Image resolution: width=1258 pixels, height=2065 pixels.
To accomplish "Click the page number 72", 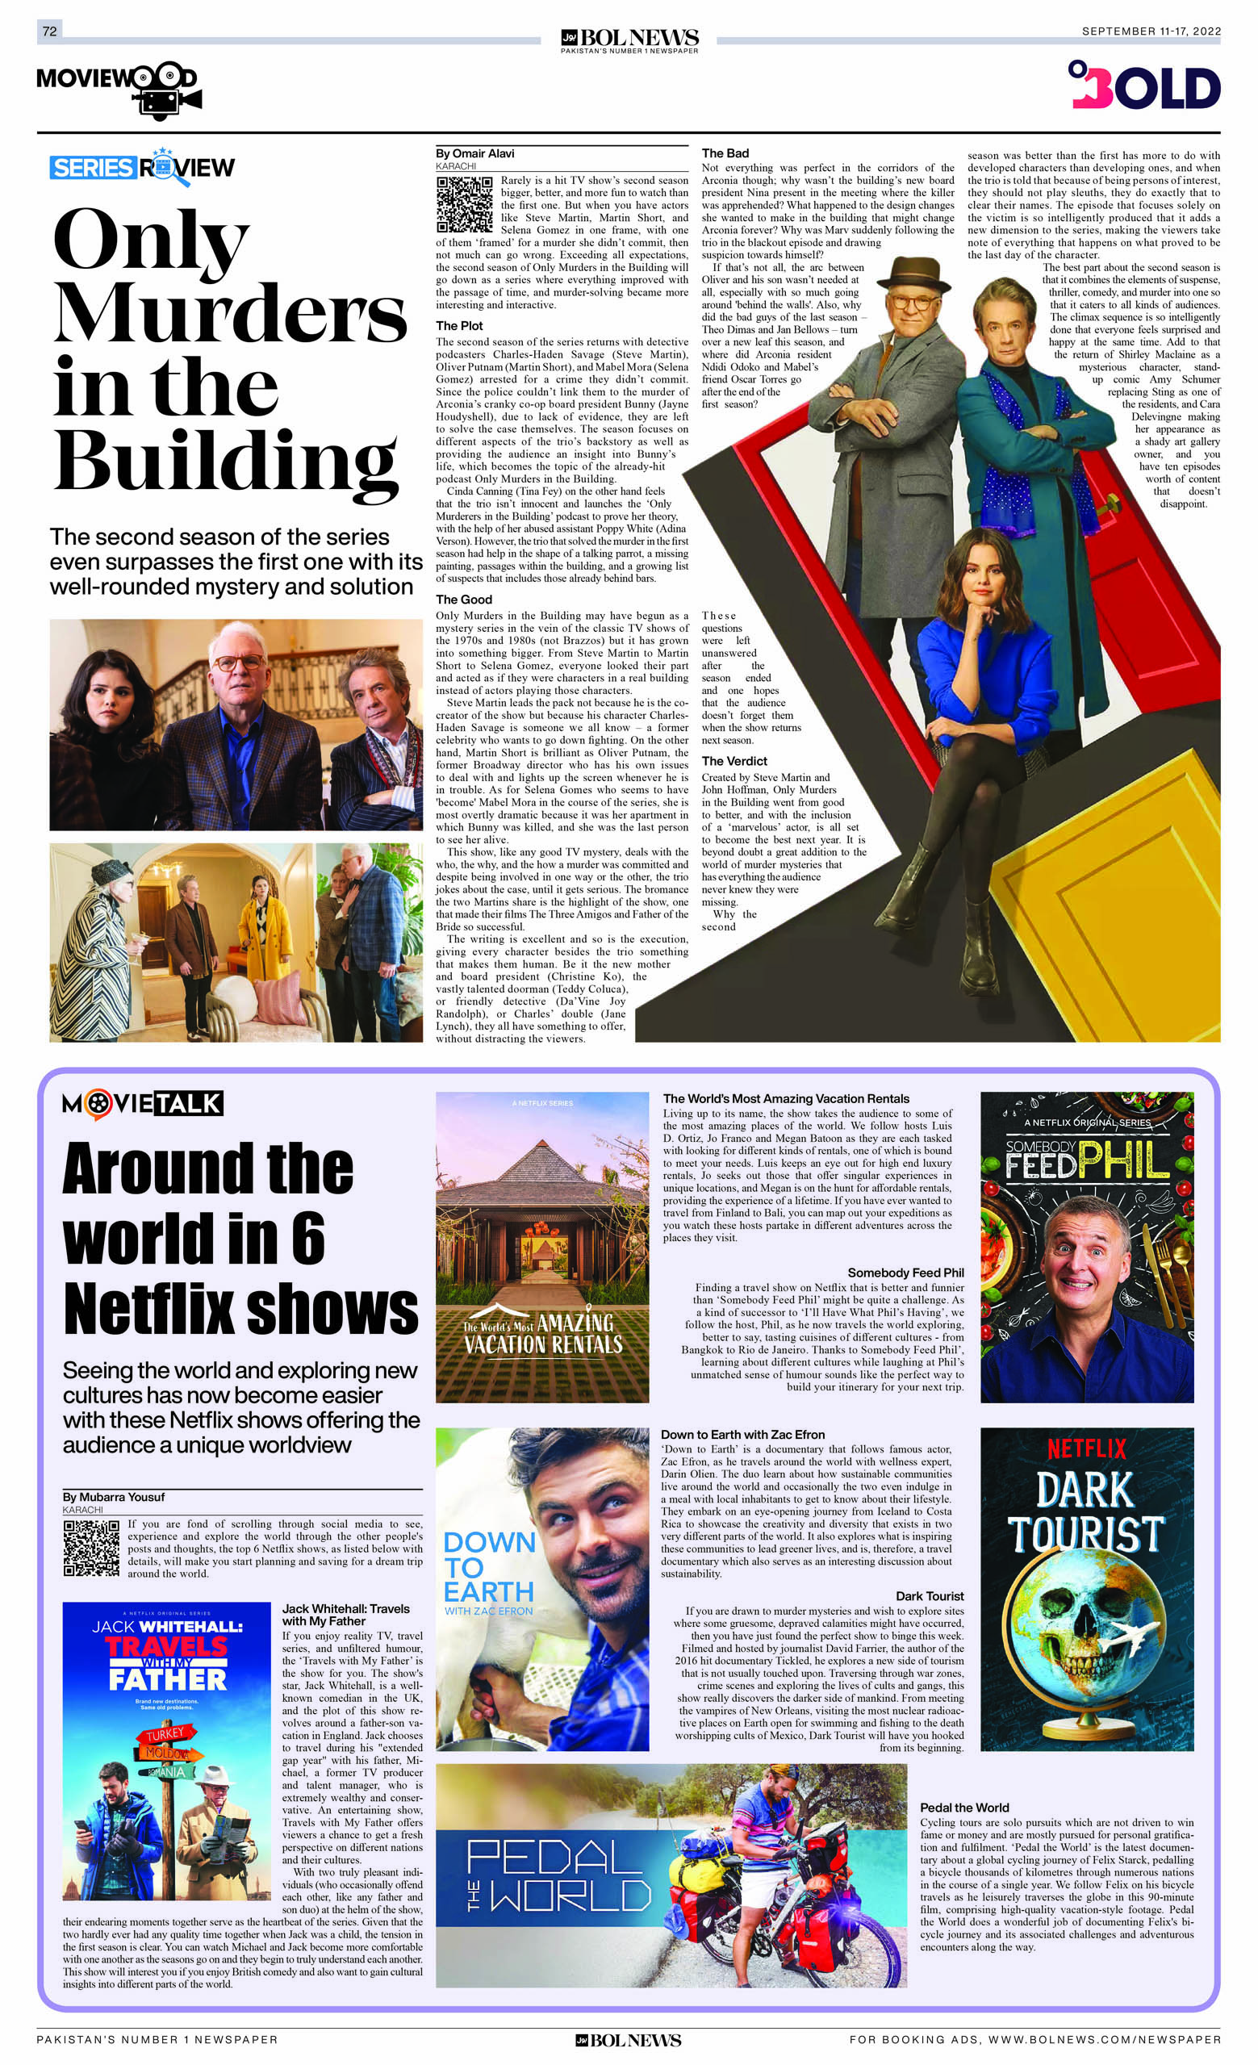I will point(49,31).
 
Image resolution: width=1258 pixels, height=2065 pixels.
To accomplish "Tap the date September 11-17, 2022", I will point(1151,31).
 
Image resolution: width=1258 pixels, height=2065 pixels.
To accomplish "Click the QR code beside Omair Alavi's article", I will point(464,204).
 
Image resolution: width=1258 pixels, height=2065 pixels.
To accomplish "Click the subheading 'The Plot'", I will point(459,326).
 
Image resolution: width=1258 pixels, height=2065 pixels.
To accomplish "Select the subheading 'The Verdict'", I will point(734,761).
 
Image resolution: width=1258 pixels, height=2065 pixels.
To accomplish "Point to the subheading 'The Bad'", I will point(725,153).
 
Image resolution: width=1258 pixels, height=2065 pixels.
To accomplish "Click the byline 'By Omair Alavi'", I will point(474,153).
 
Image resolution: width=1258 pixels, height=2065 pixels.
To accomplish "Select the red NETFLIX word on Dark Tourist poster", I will point(1086,1448).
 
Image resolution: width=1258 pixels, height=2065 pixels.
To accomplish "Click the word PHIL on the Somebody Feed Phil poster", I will point(1123,1161).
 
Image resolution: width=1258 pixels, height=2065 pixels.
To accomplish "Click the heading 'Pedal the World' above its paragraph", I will point(963,1808).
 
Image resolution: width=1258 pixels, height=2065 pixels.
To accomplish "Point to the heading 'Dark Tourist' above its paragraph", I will point(930,1595).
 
